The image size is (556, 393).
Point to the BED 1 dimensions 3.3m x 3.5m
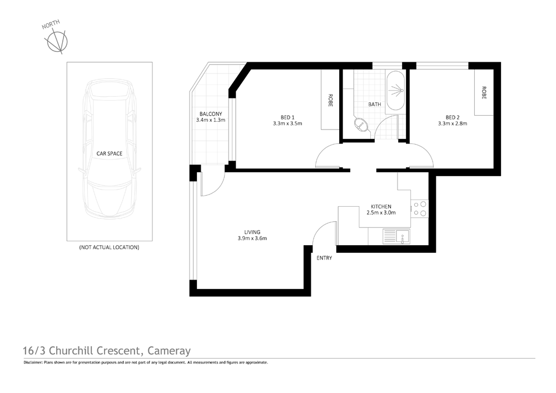287,123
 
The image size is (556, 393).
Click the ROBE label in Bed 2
484,92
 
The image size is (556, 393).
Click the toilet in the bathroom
361,125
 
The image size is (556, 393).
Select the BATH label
374,104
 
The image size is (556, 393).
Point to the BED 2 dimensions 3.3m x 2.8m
452,123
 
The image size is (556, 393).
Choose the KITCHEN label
382,206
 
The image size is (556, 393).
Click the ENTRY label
324,258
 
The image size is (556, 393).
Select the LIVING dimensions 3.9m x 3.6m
252,238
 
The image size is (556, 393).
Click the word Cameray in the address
170,351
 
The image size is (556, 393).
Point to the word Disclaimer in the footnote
34,362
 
